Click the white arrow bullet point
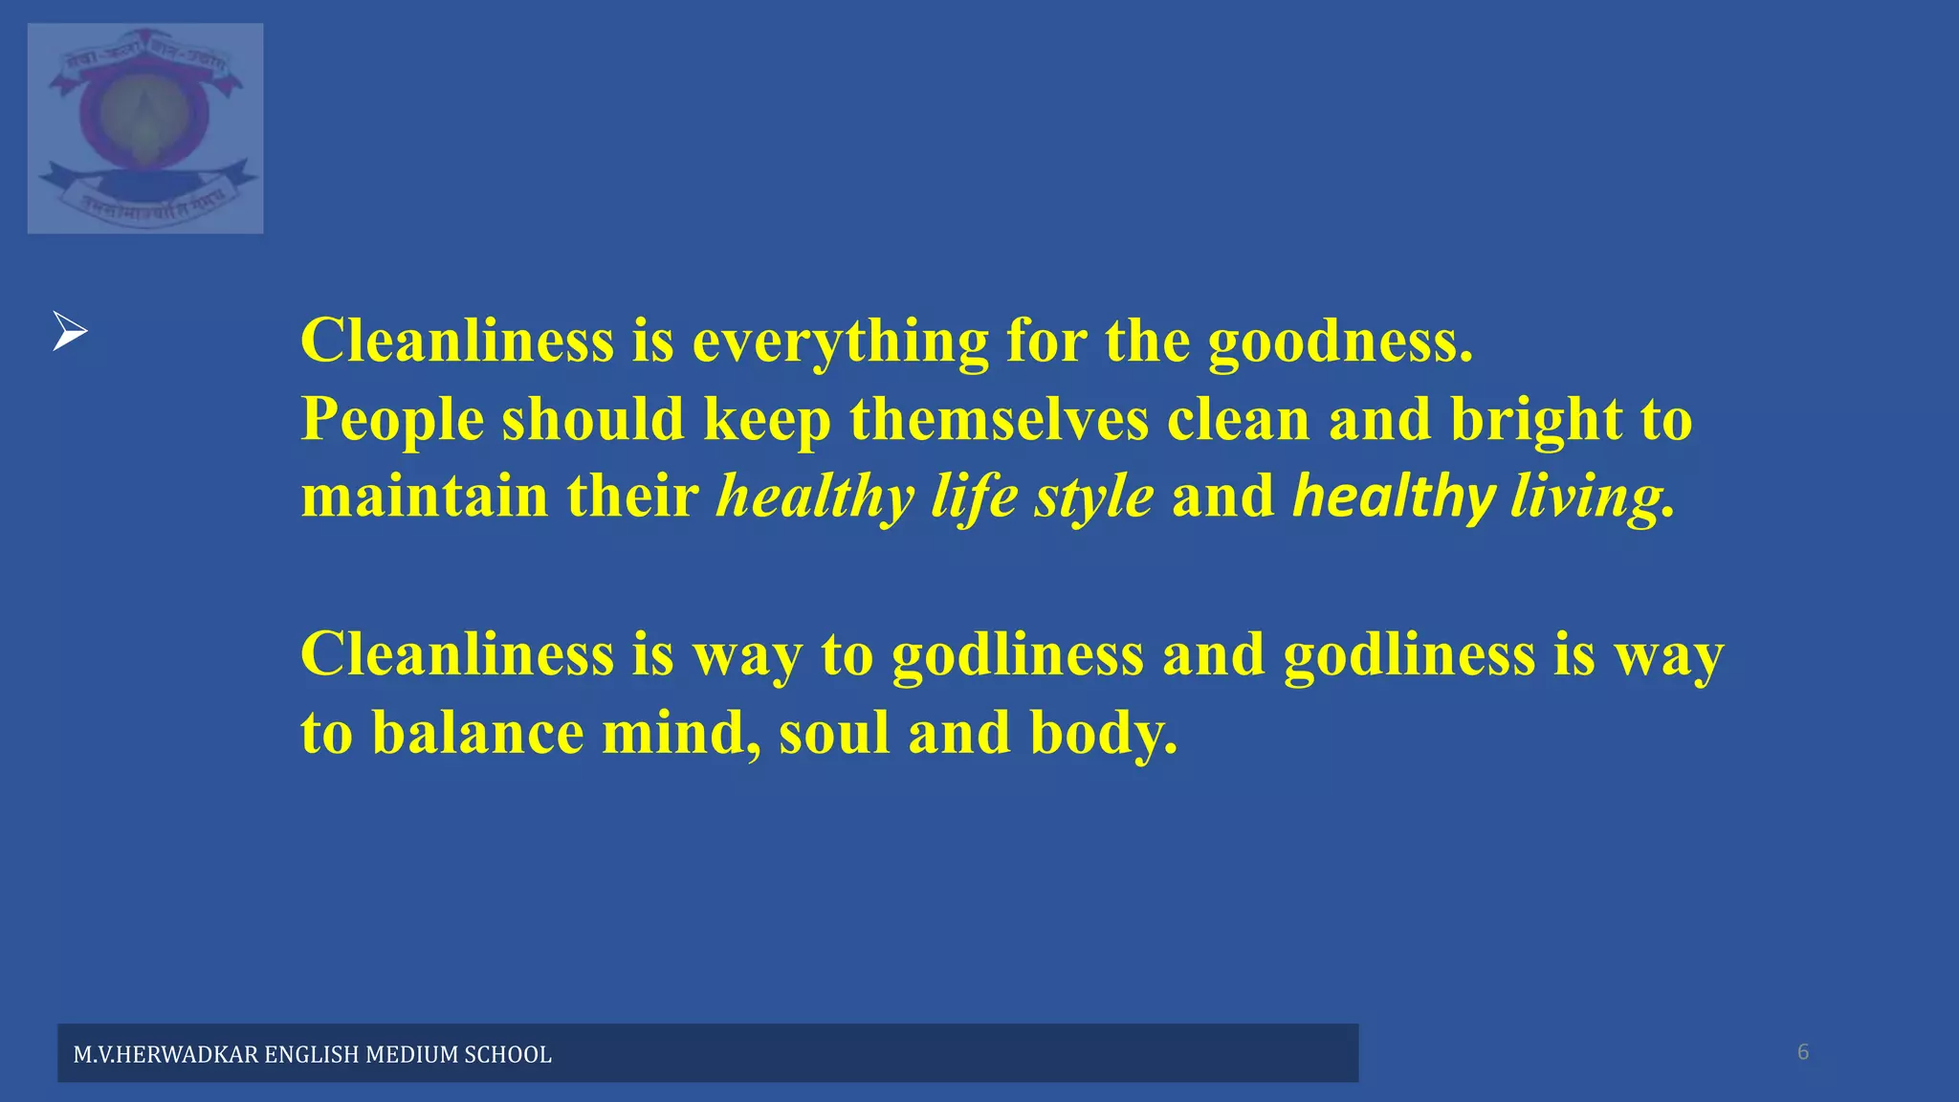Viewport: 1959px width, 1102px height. pos(70,331)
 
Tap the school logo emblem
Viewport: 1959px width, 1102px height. pos(145,128)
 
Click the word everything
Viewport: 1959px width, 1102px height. pos(840,342)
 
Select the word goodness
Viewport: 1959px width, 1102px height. pos(1339,342)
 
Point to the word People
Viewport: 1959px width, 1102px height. pos(392,420)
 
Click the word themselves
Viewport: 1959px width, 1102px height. pos(1000,420)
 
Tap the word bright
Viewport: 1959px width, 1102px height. pos(1536,420)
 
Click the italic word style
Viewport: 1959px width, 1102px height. pos(1093,498)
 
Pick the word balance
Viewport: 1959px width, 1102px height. pos(477,733)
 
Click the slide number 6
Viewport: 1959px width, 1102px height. pos(1803,1052)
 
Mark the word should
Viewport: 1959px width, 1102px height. pos(593,420)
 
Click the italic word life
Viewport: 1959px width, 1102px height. pos(974,498)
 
